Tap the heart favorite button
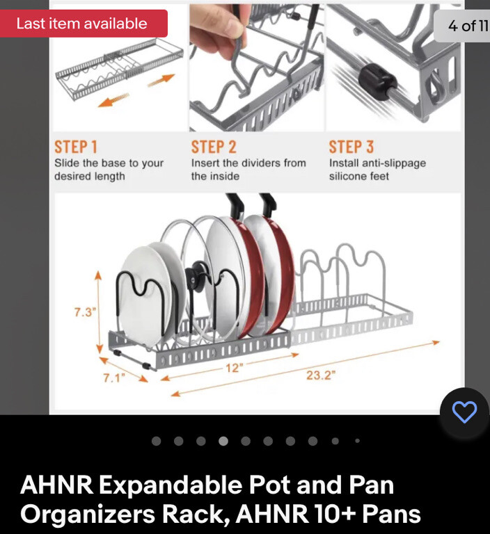(x=464, y=412)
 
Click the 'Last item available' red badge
(x=82, y=24)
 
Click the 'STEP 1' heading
(x=76, y=147)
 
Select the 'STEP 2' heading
(x=214, y=147)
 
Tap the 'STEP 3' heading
(x=351, y=147)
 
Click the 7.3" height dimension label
(x=84, y=312)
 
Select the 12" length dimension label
(x=233, y=369)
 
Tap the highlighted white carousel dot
(x=223, y=441)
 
